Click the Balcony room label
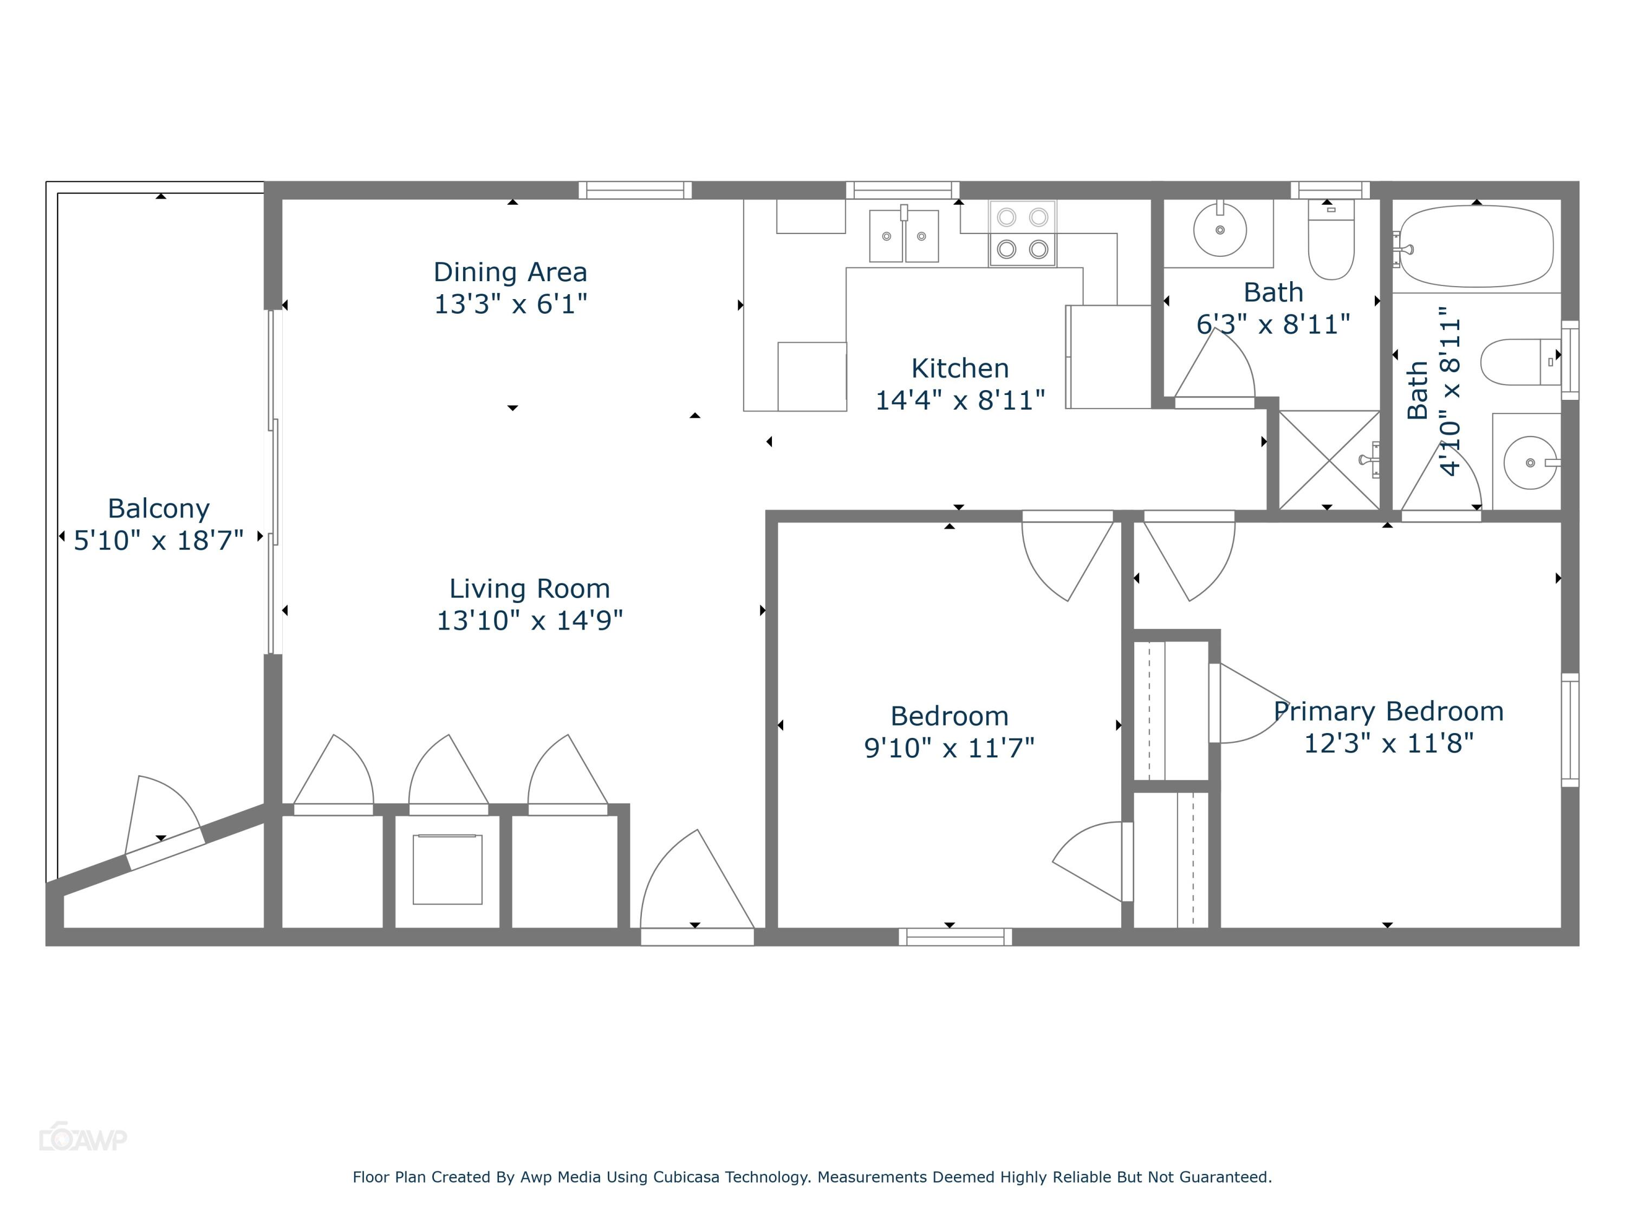click(x=159, y=509)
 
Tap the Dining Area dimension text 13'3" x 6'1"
click(x=511, y=304)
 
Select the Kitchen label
click(x=959, y=368)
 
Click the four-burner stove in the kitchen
click(x=1022, y=233)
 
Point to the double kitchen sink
click(x=903, y=235)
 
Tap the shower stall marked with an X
click(x=1329, y=460)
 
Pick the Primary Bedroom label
click(x=1388, y=711)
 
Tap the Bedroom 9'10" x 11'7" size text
click(x=949, y=748)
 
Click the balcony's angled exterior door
click(x=165, y=847)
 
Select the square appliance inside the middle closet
click(x=447, y=869)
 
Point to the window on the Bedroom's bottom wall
click(x=955, y=936)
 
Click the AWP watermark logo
click(x=82, y=1139)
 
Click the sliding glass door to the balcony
click(x=274, y=481)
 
